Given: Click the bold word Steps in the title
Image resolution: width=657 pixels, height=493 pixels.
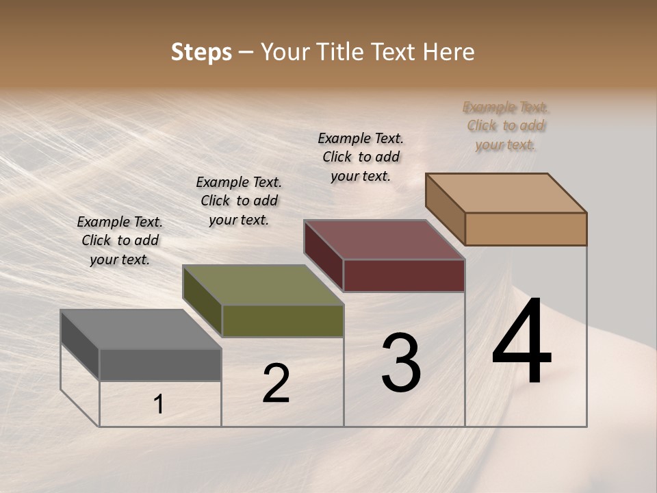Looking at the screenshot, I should click(201, 52).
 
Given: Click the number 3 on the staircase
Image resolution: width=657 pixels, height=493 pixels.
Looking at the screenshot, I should click(401, 363).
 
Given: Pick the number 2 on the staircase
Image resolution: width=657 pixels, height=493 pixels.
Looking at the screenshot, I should click(276, 383).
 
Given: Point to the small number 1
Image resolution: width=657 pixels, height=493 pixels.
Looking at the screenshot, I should click(159, 404).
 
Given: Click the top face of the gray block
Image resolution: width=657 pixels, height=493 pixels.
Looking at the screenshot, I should click(141, 329).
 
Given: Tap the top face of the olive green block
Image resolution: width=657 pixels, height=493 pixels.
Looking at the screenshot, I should click(263, 285).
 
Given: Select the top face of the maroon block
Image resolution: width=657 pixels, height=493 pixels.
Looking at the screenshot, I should click(384, 240).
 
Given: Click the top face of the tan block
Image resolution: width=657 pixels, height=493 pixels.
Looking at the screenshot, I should click(506, 193).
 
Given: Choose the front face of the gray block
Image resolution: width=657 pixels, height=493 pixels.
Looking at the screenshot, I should click(160, 365).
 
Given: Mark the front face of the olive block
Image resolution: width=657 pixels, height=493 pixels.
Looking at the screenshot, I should click(283, 320).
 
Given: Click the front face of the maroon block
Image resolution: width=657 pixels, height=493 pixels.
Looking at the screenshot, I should click(404, 275).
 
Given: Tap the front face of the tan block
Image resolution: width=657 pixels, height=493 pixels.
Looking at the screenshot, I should click(526, 229).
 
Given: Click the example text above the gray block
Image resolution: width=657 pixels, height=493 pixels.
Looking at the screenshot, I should click(120, 240).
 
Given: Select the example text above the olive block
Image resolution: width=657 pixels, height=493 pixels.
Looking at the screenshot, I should click(239, 201).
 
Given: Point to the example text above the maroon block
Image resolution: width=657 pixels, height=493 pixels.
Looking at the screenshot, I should click(361, 157).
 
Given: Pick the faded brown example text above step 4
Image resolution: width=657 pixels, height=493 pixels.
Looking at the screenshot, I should click(506, 125).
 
